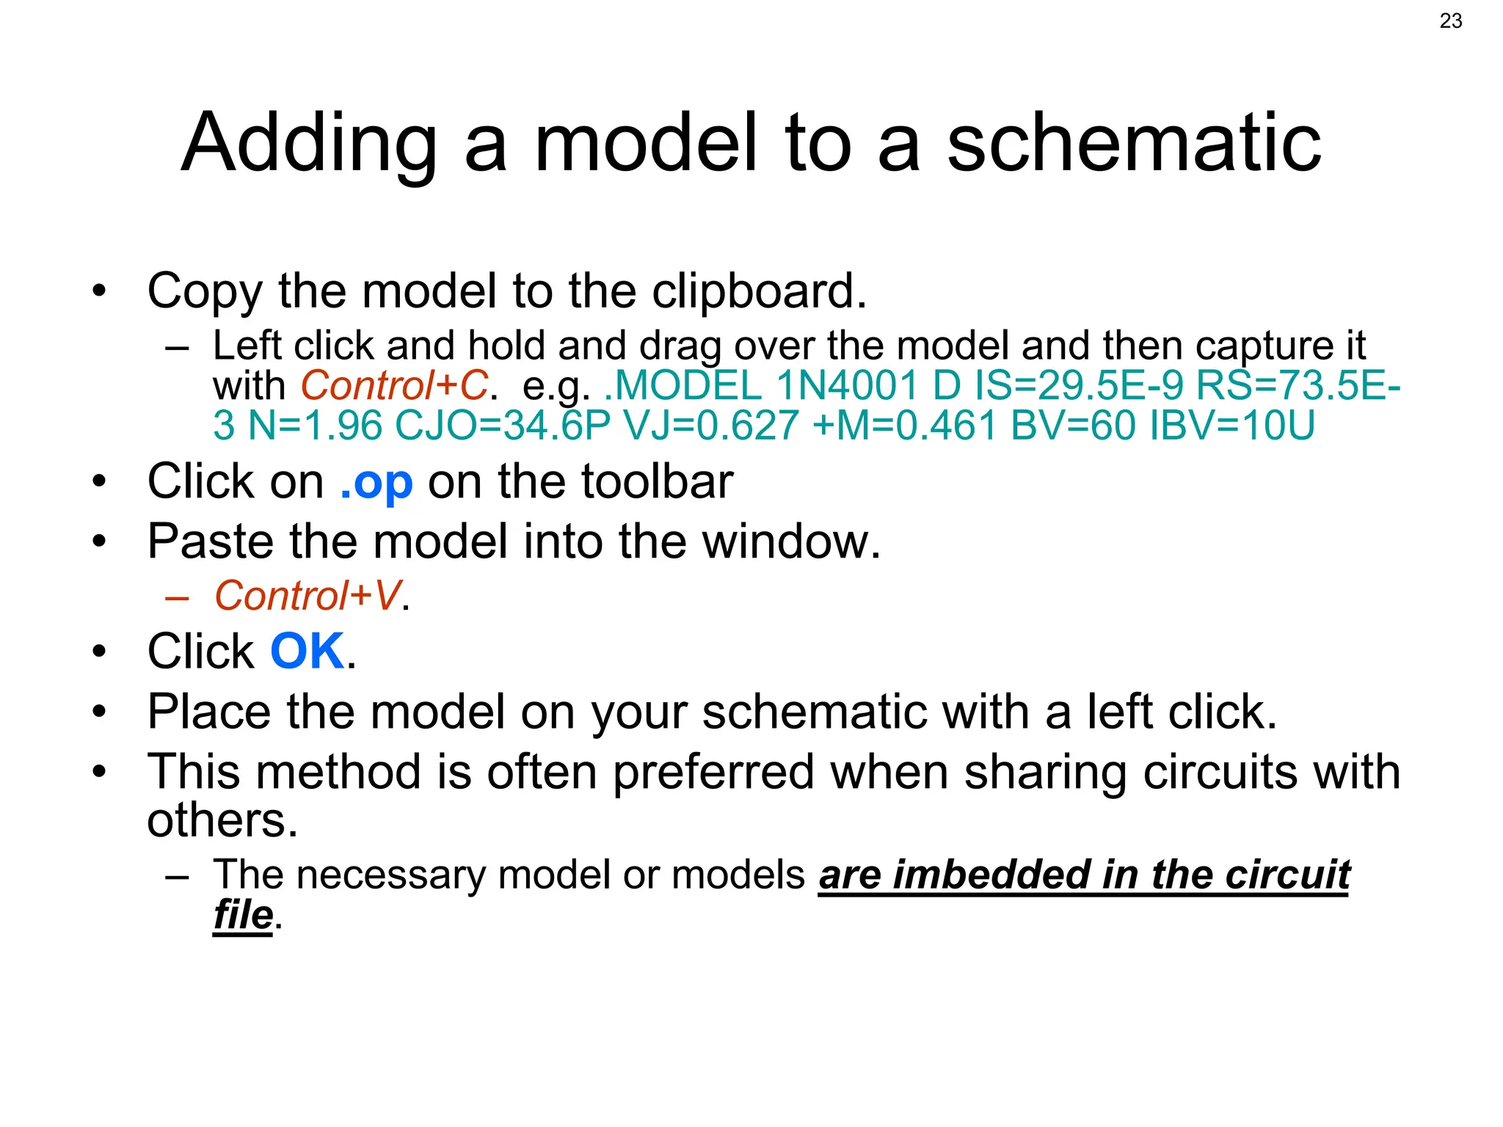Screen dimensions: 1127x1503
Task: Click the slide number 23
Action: [1450, 21]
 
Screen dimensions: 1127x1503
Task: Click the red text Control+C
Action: [394, 385]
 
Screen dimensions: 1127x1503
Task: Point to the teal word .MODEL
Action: [683, 385]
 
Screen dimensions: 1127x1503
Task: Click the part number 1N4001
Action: [847, 385]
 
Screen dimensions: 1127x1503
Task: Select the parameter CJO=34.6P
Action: [503, 426]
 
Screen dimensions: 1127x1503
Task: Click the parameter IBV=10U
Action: [1232, 426]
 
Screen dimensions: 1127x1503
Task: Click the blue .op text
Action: [376, 482]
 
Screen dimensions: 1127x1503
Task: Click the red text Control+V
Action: [307, 595]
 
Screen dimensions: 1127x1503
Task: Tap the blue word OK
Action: [307, 652]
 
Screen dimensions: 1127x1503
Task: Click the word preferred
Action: [713, 772]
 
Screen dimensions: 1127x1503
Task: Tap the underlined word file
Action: [243, 915]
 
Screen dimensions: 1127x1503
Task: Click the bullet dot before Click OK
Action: [100, 652]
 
